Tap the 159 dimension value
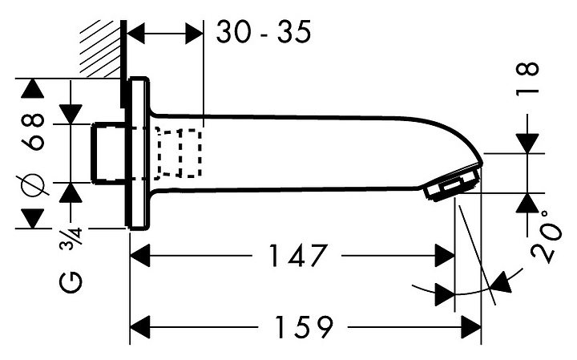click(x=302, y=327)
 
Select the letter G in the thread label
click(x=73, y=283)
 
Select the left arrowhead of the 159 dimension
click(x=141, y=327)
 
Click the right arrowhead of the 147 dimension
click(x=444, y=257)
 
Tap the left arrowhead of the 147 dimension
click(x=141, y=257)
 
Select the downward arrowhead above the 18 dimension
click(x=528, y=141)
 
